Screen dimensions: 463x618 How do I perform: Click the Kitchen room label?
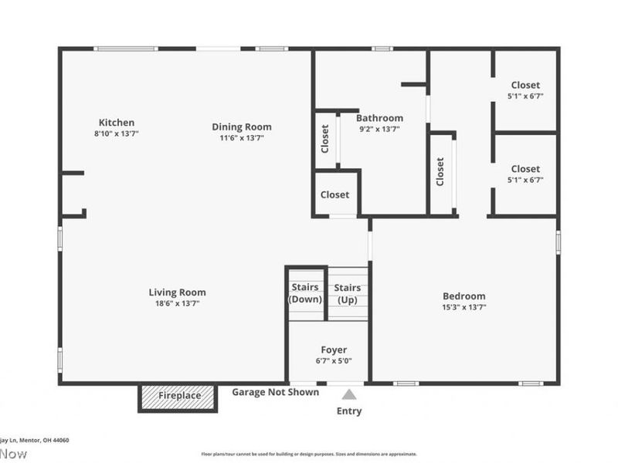pos(117,122)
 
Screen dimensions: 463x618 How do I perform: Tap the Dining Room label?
pos(242,127)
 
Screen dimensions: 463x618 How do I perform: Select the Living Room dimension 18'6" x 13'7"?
pos(177,303)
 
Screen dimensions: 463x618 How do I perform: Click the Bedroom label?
pos(463,296)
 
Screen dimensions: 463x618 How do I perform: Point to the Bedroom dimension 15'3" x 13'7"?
pos(463,306)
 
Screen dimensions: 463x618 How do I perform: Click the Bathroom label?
pos(379,118)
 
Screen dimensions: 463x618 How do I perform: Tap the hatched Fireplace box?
pos(179,396)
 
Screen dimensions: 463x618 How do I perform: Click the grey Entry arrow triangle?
pos(349,394)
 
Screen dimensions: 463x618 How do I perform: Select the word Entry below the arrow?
pos(349,411)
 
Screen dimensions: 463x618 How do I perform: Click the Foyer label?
pos(334,350)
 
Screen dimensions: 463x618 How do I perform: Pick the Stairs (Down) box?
pos(305,293)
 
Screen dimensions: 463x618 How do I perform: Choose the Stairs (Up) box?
pos(348,293)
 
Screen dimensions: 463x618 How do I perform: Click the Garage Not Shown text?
pos(275,392)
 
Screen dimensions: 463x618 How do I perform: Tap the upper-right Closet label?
pos(525,85)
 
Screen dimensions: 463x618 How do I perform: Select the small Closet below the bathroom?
pos(334,194)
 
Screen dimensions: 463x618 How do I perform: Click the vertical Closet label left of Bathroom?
pos(325,139)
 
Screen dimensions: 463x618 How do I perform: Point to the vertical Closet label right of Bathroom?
pos(440,171)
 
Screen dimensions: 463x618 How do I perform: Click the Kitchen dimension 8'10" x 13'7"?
pos(116,133)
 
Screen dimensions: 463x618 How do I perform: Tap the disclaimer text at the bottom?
pos(309,455)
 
